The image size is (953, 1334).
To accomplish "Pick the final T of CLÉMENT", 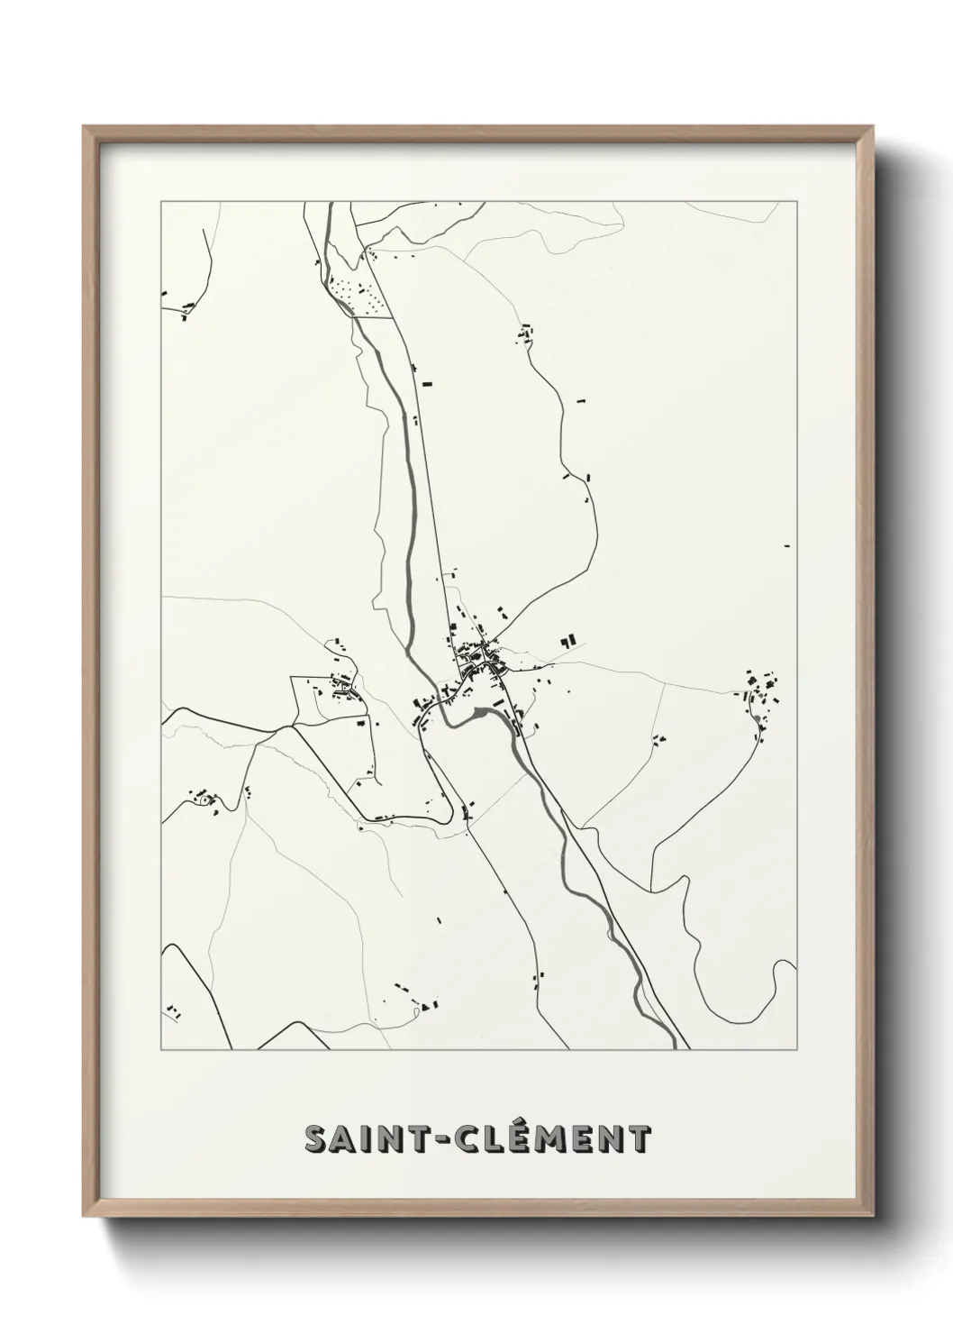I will [x=639, y=1139].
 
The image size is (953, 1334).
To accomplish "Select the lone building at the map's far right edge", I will [x=788, y=546].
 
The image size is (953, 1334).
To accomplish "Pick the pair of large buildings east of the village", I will [x=567, y=641].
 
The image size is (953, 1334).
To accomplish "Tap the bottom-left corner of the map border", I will [x=161, y=1050].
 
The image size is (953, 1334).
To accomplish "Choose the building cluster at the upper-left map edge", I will [x=185, y=311].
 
